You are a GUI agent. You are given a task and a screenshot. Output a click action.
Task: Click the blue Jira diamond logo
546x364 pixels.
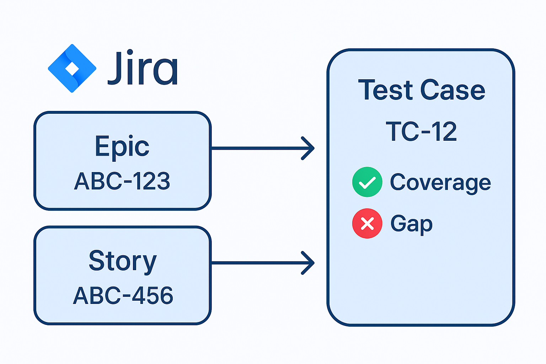pos(72,68)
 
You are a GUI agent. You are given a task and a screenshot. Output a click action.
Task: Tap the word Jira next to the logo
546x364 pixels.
pos(142,68)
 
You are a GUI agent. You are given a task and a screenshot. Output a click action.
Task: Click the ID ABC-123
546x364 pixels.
pos(122,181)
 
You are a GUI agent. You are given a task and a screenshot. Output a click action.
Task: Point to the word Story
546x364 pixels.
pos(123,261)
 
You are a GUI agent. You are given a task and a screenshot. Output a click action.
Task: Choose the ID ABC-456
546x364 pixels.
pos(123,295)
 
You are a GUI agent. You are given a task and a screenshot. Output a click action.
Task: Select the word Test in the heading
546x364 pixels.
pos(385,90)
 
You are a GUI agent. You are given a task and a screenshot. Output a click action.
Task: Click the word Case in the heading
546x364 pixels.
pos(453,90)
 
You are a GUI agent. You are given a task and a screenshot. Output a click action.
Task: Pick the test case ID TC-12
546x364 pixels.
pos(421,132)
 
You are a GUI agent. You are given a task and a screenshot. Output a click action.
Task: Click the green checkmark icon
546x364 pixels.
pos(367,182)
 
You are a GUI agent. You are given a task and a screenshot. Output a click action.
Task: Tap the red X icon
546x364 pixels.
pos(367,224)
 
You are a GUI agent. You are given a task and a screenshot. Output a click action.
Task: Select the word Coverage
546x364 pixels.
pos(440,183)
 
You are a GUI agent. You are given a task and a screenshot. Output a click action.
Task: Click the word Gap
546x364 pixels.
pos(411,224)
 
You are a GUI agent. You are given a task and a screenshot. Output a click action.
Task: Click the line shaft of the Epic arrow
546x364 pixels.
pos(256,148)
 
